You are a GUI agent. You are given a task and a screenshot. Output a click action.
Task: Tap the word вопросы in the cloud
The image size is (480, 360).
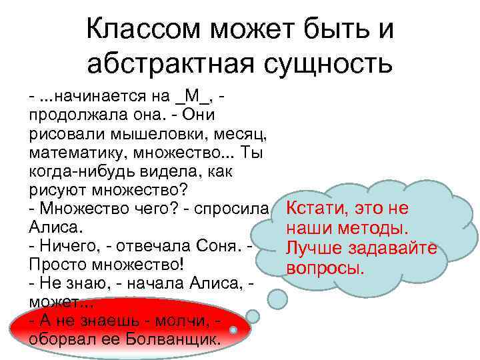[325, 269]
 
